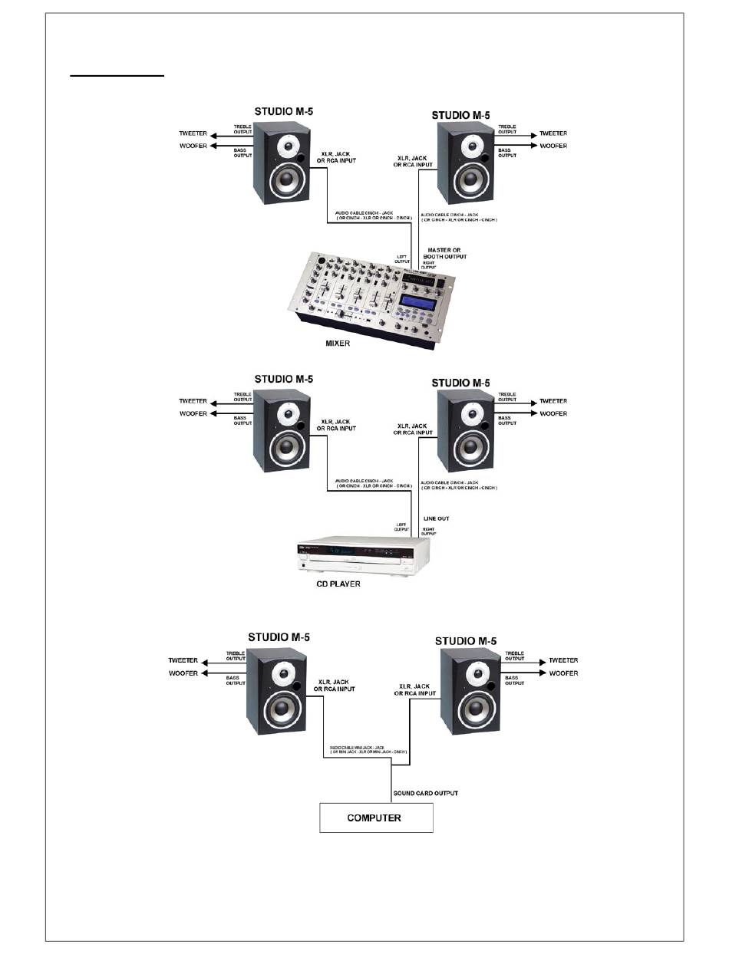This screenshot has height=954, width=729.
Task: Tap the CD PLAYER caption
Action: [x=338, y=584]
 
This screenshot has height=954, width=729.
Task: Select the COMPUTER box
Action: [x=376, y=817]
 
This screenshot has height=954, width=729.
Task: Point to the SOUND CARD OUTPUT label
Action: [x=426, y=793]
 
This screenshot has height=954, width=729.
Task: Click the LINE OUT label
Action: [x=436, y=518]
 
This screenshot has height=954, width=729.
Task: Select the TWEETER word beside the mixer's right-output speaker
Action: [x=553, y=133]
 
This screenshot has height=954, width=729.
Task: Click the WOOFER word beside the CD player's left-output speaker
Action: [x=194, y=413]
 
